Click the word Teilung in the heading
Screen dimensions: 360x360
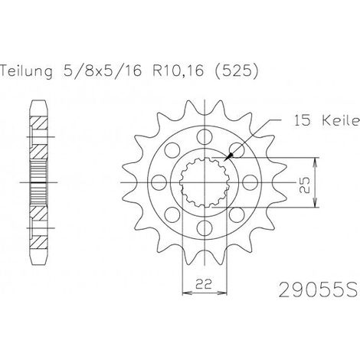pyautogui.click(x=26, y=71)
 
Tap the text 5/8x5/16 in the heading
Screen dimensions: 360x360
pyautogui.click(x=102, y=70)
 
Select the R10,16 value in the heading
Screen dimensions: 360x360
pyautogui.click(x=178, y=70)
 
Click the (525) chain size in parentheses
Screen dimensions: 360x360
pyautogui.click(x=237, y=71)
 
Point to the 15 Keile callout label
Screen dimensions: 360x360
pyautogui.click(x=327, y=120)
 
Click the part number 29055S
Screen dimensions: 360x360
pyautogui.click(x=319, y=290)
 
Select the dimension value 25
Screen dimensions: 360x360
pyautogui.click(x=305, y=185)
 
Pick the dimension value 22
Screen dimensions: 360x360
pyautogui.click(x=205, y=284)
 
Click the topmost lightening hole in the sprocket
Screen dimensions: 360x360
pyautogui.click(x=205, y=137)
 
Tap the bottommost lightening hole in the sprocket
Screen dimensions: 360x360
pyautogui.click(x=205, y=228)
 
